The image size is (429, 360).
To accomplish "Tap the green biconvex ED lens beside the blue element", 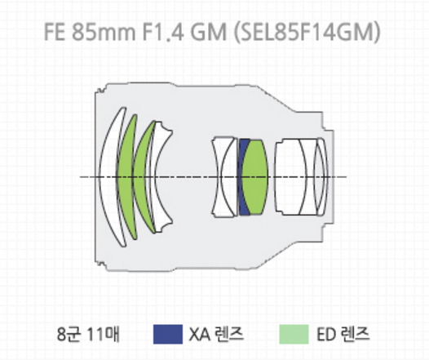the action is point(255,177).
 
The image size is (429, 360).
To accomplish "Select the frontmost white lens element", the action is point(109,177).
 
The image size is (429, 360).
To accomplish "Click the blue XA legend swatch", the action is point(168,334).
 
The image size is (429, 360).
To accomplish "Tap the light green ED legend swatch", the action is point(294,334).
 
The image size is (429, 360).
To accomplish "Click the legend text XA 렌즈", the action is point(216,334).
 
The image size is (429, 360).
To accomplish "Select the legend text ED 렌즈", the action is point(343,334).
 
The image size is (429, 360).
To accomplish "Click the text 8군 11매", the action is point(88,334).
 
